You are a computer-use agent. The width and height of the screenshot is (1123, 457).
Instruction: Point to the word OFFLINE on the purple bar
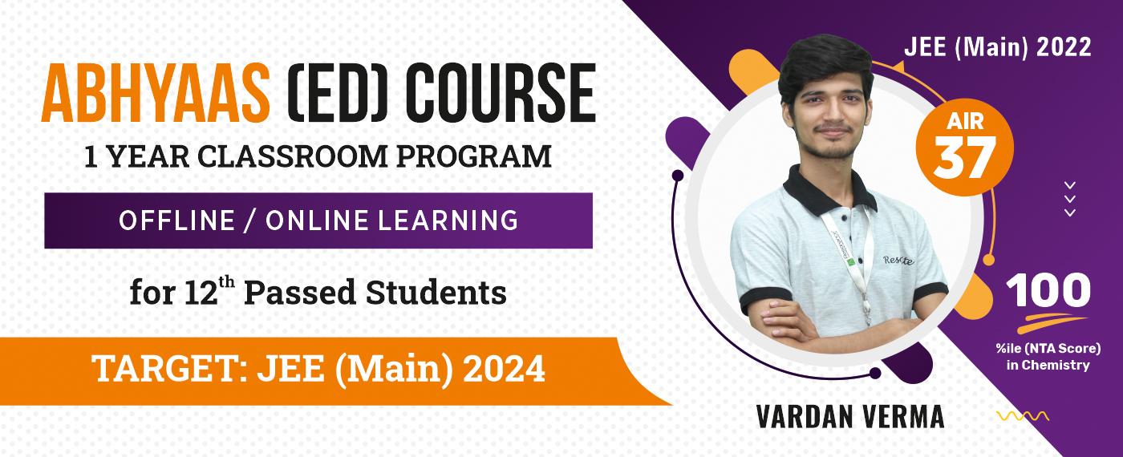176,220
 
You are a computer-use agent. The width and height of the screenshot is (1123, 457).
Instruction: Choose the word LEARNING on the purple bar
448,220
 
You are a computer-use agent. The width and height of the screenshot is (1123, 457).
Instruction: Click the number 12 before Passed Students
201,293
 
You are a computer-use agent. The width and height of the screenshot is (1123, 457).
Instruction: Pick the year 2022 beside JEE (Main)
1063,47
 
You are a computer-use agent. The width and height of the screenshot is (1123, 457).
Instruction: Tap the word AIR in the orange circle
965,122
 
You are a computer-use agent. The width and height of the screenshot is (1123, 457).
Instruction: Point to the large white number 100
1048,290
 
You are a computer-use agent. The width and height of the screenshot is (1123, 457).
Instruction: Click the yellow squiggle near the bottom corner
1022,416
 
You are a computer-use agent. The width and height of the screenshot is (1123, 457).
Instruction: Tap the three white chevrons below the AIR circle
1070,199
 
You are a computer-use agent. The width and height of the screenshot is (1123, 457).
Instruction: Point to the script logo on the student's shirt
898,260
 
